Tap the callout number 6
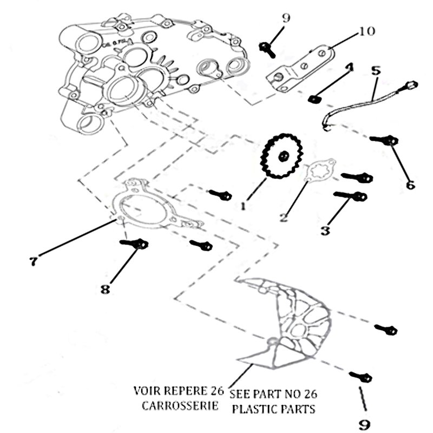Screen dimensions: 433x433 coord(410,185)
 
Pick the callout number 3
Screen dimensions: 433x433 coord(325,231)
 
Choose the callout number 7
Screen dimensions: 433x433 coord(33,261)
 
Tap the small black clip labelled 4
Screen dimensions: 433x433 coord(313,99)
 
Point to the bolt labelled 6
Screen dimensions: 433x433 coord(385,140)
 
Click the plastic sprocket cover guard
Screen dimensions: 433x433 coord(292,325)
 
